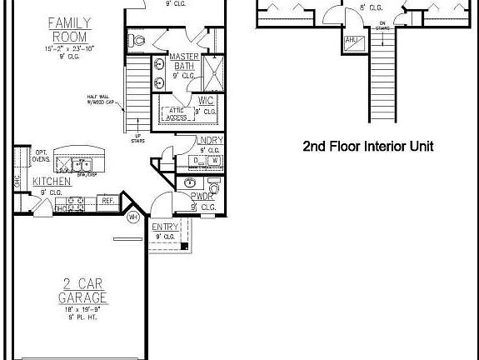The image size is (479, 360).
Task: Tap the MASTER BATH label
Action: pyautogui.click(x=183, y=62)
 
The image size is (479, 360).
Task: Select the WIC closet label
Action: pyautogui.click(x=207, y=100)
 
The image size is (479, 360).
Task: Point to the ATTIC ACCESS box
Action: pyautogui.click(x=177, y=115)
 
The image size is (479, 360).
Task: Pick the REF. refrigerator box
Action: pyautogui.click(x=107, y=201)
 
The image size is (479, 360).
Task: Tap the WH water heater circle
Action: pyautogui.click(x=133, y=218)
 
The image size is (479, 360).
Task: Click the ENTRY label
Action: pyautogui.click(x=163, y=227)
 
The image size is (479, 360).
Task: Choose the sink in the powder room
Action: pyautogui.click(x=191, y=183)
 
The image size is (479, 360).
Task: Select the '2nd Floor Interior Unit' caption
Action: pyautogui.click(x=367, y=146)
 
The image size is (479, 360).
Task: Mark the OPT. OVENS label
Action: pyautogui.click(x=42, y=158)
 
